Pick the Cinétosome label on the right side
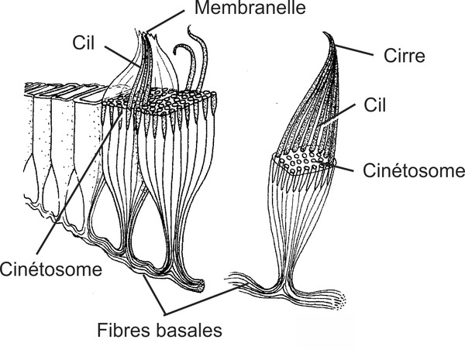408,170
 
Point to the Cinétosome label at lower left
52,270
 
